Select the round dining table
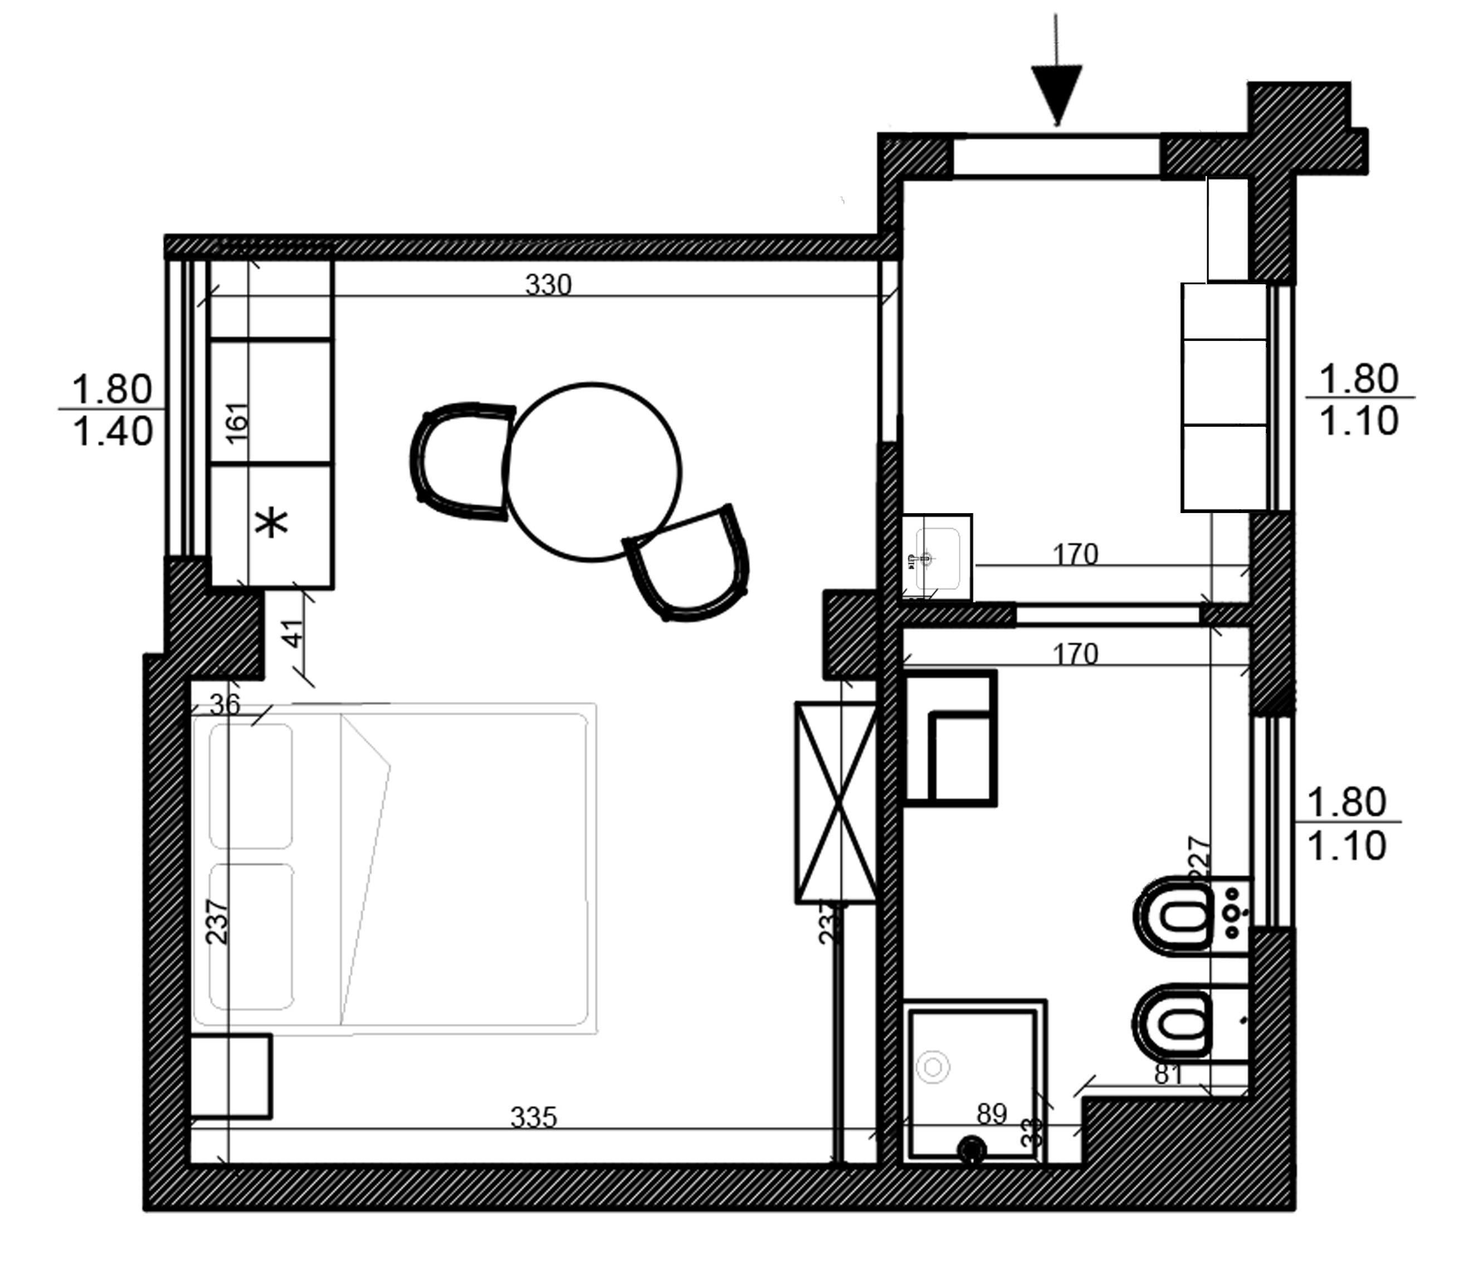[592, 472]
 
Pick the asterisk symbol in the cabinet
[272, 524]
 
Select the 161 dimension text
[237, 422]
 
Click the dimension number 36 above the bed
[226, 705]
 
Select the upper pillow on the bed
[250, 786]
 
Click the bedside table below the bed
[231, 1075]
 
